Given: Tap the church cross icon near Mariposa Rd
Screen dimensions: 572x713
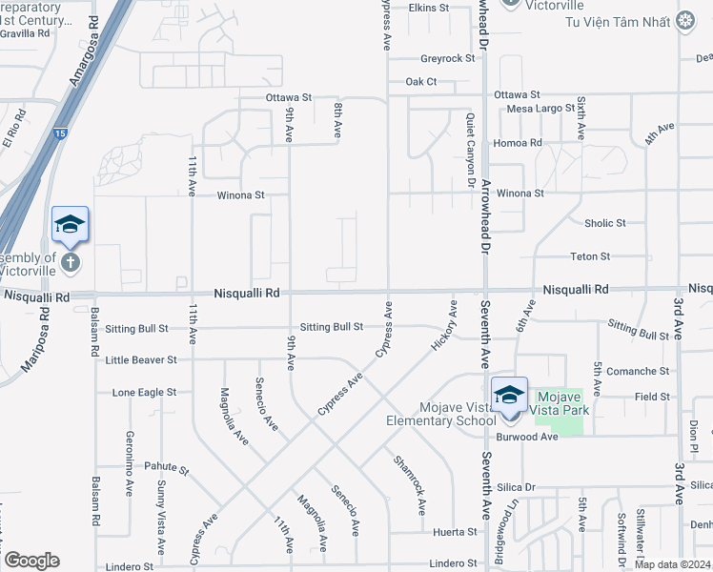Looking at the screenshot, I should pos(69,261).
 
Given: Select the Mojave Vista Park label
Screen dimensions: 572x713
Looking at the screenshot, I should pos(561,403).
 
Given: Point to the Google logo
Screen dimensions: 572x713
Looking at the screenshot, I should pos(31,561).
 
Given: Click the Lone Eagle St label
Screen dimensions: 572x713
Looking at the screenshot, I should pos(144,392).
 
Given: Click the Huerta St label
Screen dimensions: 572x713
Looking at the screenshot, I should pos(454,531).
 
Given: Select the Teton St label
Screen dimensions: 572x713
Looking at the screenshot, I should pos(590,256).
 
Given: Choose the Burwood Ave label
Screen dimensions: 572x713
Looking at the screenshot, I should pos(527,437).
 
